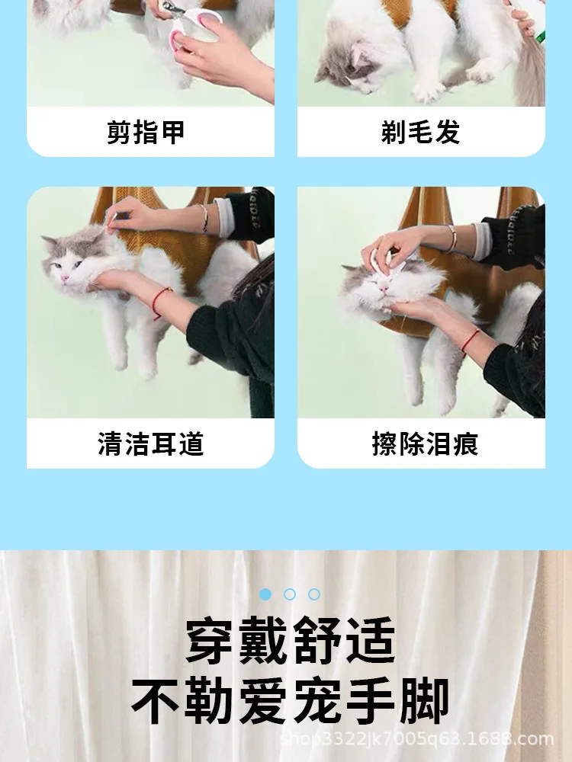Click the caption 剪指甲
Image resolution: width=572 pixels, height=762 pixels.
pos(146,132)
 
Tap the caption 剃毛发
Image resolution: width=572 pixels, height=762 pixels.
pos(421,132)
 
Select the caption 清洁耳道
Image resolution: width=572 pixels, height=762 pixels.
pos(151,443)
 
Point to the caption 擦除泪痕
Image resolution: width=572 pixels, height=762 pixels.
pos(425,443)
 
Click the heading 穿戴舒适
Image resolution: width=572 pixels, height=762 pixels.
pos(291,640)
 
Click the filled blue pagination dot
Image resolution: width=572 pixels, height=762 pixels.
pos(265,594)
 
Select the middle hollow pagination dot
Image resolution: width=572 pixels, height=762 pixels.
pos(290,594)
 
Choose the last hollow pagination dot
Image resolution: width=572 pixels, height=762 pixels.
pos(314,594)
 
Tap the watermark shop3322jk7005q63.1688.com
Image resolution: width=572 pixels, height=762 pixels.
pos(417,738)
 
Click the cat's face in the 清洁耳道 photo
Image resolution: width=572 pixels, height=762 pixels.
pos(67,262)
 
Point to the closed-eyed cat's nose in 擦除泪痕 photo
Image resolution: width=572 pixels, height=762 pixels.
pos(384,290)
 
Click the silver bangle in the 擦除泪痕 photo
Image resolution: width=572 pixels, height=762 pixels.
pos(451,239)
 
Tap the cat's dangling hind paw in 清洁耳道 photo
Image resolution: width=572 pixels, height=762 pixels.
pos(149,370)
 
